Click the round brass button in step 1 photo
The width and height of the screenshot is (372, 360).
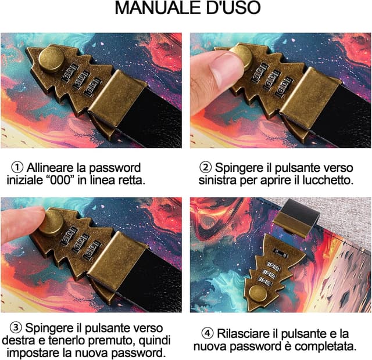pos(51,59)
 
